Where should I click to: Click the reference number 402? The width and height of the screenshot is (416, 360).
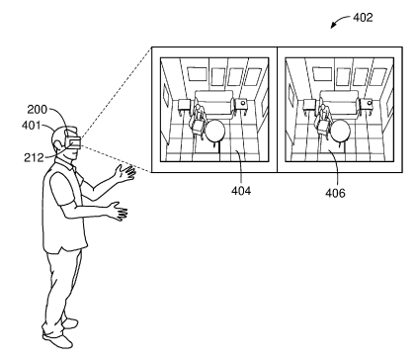(363, 17)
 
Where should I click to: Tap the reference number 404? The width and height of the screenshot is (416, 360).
(241, 191)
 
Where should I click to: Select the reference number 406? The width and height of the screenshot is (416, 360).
(335, 193)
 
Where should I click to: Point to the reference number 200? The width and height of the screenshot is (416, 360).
(38, 109)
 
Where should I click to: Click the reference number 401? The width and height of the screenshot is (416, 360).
(31, 126)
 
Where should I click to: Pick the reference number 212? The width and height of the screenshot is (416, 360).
(34, 157)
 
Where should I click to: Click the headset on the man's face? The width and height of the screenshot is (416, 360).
(73, 141)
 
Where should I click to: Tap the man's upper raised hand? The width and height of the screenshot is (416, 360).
(125, 173)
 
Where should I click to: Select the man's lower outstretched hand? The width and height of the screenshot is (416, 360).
(119, 211)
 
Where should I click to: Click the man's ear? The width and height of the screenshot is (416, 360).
(58, 144)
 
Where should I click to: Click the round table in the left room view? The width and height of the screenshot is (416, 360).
(215, 131)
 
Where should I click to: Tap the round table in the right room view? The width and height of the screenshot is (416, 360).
(340, 131)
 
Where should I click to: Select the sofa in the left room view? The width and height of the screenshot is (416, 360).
(214, 103)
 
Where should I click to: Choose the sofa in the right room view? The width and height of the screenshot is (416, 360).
(339, 103)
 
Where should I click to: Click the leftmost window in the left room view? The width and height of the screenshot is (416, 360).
(196, 74)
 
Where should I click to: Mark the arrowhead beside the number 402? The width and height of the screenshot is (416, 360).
(333, 26)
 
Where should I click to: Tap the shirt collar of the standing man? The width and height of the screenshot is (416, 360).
(68, 163)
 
